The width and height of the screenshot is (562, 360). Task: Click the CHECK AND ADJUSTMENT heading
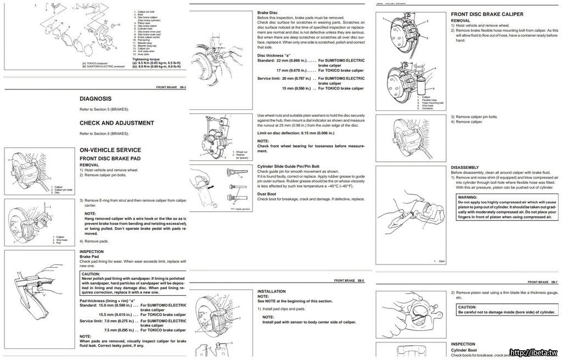[116, 123]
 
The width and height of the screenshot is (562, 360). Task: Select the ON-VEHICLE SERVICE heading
[110, 149]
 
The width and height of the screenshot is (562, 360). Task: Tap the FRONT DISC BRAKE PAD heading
[110, 158]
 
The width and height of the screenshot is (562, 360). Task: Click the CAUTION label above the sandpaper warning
[91, 273]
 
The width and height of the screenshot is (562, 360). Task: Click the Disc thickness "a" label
[277, 55]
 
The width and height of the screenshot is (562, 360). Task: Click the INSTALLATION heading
[272, 291]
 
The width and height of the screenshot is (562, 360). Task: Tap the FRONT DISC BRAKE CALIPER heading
[487, 14]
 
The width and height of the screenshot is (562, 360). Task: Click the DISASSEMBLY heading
[465, 167]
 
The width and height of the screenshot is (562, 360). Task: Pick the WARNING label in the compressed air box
[468, 196]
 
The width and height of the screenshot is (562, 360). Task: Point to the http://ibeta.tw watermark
[535, 352]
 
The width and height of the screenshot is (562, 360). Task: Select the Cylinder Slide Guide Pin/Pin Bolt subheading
[288, 166]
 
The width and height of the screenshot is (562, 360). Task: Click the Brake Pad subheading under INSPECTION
[89, 256]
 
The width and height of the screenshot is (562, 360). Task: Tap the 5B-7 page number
[553, 282]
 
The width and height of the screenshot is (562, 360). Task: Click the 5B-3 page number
[182, 87]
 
